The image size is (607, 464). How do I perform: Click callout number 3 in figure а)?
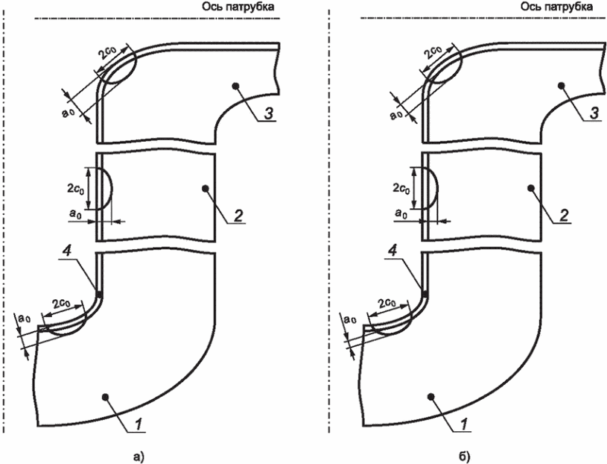268,113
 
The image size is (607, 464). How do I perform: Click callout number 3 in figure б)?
594,113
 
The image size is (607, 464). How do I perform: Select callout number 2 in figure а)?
238,215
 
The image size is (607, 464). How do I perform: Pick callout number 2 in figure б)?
565,215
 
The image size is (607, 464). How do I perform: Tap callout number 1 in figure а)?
139,424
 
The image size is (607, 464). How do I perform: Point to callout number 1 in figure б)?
465,424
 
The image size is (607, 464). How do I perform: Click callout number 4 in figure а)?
66,252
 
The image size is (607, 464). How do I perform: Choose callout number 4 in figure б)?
393,252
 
